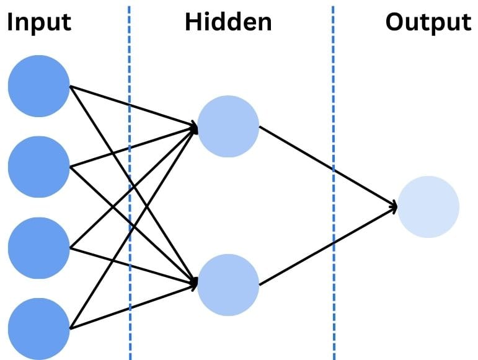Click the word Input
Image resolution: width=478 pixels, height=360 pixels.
click(39, 22)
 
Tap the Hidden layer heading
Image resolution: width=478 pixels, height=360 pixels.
click(228, 22)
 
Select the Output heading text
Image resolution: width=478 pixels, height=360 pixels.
click(428, 22)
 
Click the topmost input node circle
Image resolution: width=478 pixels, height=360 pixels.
click(38, 86)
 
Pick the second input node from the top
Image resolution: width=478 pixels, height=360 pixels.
click(38, 167)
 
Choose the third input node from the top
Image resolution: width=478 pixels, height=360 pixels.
click(38, 248)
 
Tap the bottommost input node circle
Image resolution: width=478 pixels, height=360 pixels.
click(38, 328)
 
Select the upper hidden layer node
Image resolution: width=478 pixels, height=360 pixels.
click(228, 126)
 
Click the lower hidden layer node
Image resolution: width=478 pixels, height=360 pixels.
click(228, 285)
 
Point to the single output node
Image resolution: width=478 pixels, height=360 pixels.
click(428, 207)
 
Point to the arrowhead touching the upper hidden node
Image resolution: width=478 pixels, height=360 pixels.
click(194, 129)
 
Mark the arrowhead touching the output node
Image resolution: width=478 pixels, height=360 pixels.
click(393, 206)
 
